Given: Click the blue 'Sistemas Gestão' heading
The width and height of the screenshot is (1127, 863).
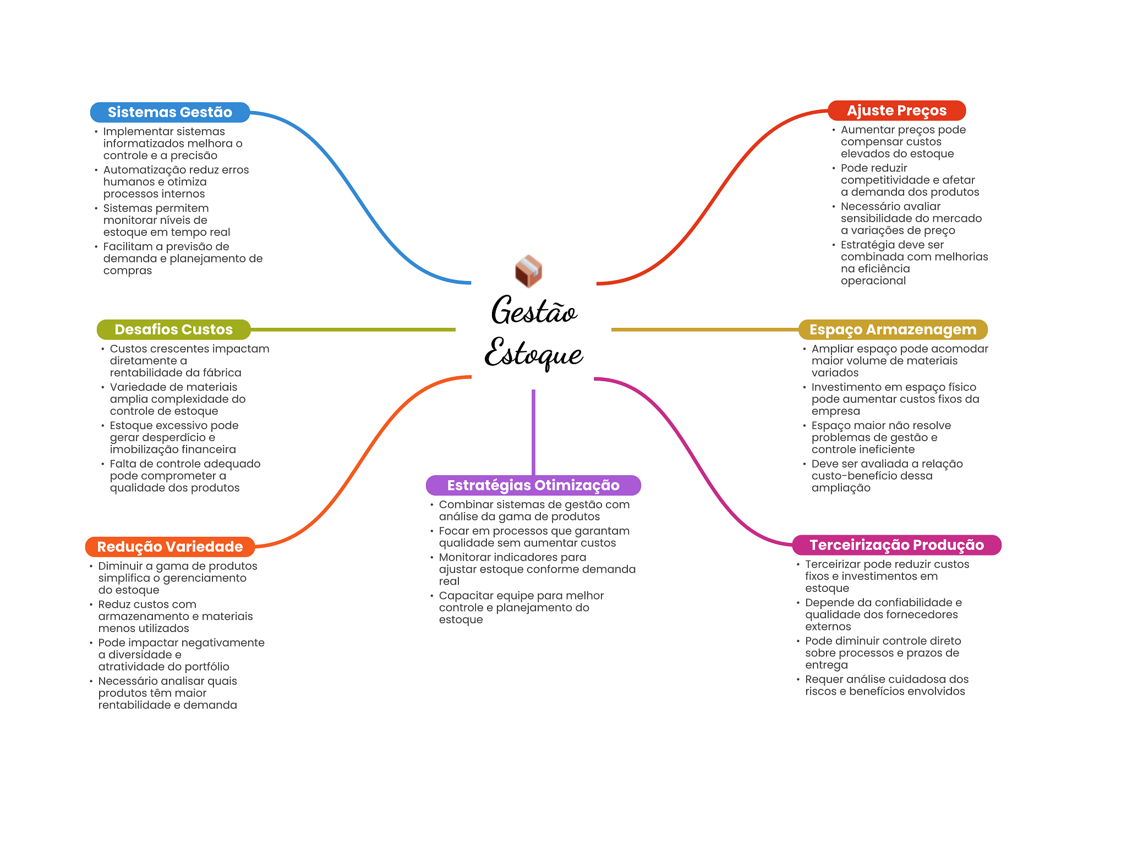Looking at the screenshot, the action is click(170, 112).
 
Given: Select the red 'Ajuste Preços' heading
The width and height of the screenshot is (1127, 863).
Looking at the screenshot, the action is click(896, 111).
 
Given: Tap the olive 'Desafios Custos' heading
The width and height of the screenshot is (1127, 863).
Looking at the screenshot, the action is click(173, 329).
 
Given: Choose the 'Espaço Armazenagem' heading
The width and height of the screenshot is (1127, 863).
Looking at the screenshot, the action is click(893, 329).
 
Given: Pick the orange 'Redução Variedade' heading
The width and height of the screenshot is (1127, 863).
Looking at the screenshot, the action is click(170, 547).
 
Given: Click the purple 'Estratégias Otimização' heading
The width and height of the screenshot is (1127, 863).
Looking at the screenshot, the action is click(533, 485).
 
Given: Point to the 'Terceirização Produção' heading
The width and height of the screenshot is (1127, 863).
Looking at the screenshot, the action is click(896, 545).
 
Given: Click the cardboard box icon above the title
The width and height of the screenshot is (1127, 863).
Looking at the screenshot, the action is click(528, 271).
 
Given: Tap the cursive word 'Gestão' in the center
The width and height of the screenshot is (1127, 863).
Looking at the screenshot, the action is click(534, 311).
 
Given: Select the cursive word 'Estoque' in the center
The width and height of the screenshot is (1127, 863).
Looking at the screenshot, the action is click(534, 354).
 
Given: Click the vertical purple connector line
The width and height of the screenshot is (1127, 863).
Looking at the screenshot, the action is click(533, 432).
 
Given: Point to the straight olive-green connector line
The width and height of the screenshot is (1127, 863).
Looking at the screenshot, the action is click(353, 329).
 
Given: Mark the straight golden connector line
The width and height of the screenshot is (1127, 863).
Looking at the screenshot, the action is click(705, 329).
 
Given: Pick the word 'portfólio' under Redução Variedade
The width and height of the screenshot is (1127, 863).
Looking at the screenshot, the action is click(206, 667).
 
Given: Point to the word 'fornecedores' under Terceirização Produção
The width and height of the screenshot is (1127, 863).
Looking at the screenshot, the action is click(923, 614).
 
